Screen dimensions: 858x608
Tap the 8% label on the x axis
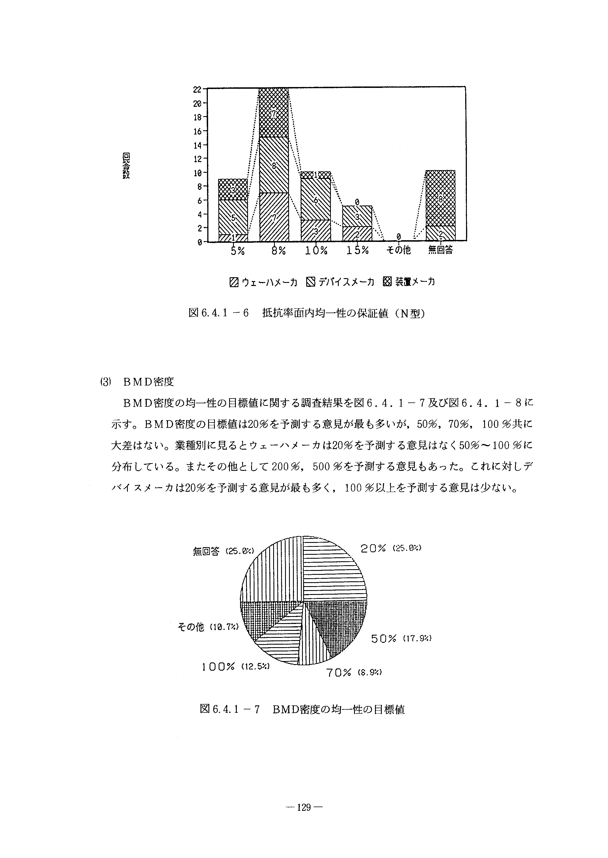click(279, 251)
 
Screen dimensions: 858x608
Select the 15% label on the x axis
click(357, 251)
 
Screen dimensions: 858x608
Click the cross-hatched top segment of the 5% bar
click(233, 190)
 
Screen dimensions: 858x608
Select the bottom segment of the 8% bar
click(274, 217)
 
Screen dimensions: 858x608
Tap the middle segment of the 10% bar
click(316, 200)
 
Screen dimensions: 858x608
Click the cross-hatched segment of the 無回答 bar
click(441, 198)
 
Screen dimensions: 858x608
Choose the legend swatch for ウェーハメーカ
click(234, 282)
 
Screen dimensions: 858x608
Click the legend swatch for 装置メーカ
click(387, 282)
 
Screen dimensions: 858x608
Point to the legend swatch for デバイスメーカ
click(311, 282)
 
